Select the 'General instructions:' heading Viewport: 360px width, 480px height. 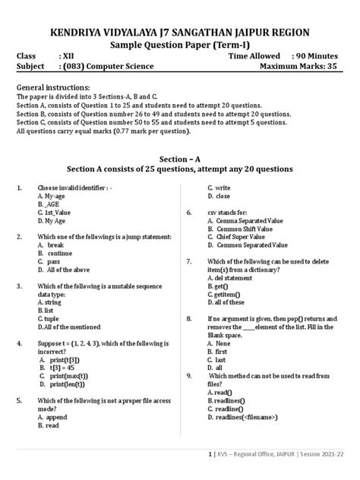pos(53,88)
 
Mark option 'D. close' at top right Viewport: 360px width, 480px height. pos(221,196)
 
